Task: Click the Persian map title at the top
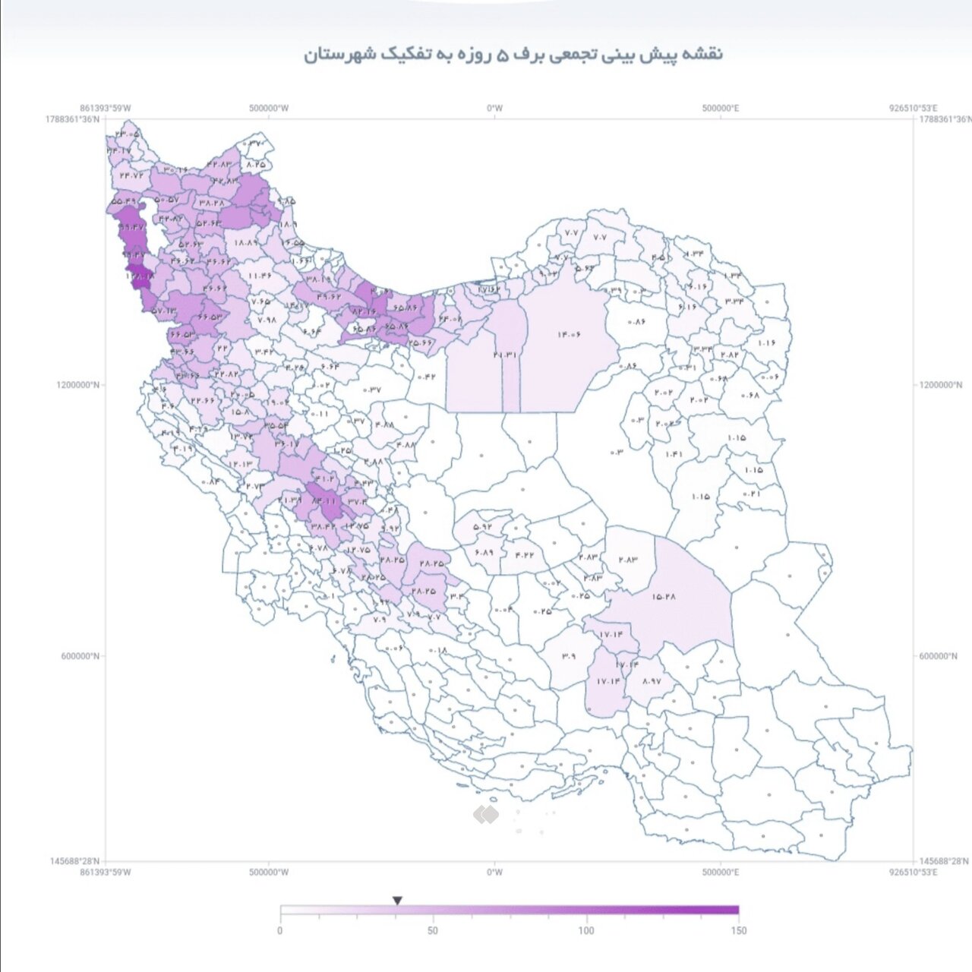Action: click(513, 55)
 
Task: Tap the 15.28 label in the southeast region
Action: click(663, 596)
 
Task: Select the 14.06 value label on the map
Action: click(569, 334)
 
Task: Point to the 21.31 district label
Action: click(504, 355)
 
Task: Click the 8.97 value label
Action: click(651, 681)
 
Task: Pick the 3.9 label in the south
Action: click(569, 656)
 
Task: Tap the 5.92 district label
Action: click(482, 525)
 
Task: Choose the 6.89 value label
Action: click(484, 552)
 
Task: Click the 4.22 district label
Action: click(525, 554)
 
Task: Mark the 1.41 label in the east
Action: click(674, 454)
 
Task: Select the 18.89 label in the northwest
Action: click(247, 242)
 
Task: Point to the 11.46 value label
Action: click(260, 275)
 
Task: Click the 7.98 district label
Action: click(267, 320)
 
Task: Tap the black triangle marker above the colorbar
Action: click(397, 901)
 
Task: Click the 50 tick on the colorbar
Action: click(433, 930)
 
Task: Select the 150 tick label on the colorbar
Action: click(738, 930)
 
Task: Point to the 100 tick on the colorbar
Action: click(586, 930)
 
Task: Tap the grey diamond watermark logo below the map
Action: click(486, 815)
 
